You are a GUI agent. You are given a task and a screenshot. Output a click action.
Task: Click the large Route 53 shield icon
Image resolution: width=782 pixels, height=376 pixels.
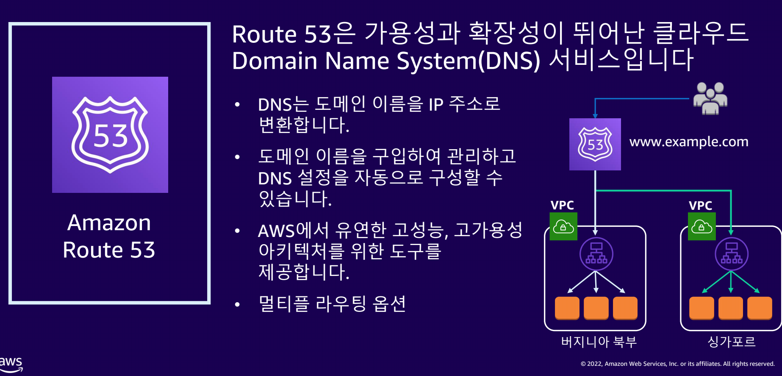pyautogui.click(x=110, y=135)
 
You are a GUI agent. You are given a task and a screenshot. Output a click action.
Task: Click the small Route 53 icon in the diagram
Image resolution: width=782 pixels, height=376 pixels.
pyautogui.click(x=595, y=144)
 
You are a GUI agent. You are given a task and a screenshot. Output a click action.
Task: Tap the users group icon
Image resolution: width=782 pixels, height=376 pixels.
pyautogui.click(x=710, y=98)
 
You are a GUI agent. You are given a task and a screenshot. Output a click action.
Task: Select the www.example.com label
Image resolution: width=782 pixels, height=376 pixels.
pyautogui.click(x=689, y=142)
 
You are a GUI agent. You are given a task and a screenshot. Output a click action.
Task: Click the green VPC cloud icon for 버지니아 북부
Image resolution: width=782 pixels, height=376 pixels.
pyautogui.click(x=563, y=226)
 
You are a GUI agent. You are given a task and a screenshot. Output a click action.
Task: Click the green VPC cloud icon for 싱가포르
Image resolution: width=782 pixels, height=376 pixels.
pyautogui.click(x=702, y=226)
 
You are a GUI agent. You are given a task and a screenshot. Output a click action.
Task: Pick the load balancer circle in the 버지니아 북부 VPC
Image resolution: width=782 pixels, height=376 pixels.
pyautogui.click(x=596, y=254)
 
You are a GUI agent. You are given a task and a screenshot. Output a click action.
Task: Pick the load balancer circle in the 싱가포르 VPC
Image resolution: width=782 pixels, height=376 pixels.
pyautogui.click(x=731, y=254)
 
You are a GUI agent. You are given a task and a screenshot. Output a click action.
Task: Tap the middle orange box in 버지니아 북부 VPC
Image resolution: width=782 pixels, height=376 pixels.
pyautogui.click(x=596, y=307)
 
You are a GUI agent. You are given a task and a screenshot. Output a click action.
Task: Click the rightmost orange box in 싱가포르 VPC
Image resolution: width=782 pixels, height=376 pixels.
pyautogui.click(x=760, y=307)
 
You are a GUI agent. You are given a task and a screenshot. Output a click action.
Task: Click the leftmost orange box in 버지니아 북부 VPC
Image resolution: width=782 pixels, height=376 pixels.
pyautogui.click(x=567, y=307)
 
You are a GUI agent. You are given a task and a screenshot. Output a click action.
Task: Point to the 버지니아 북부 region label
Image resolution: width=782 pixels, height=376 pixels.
pyautogui.click(x=599, y=342)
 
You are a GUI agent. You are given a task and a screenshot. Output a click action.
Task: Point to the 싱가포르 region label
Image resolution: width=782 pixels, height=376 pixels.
pyautogui.click(x=732, y=342)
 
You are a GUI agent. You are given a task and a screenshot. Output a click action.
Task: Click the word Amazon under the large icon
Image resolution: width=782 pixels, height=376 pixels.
pyautogui.click(x=109, y=223)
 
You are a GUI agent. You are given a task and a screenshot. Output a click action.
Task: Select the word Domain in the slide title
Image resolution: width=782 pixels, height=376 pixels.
pyautogui.click(x=275, y=61)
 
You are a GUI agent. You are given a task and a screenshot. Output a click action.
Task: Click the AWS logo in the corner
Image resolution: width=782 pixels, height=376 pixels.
pyautogui.click(x=11, y=364)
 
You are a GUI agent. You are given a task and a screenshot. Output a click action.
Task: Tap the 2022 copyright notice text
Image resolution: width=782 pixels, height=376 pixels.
pyautogui.click(x=677, y=364)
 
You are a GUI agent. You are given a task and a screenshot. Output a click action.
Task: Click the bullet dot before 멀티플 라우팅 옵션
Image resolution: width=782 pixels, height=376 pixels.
pyautogui.click(x=237, y=304)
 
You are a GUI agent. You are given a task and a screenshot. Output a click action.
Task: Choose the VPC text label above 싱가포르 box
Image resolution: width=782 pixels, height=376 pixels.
pyautogui.click(x=700, y=206)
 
